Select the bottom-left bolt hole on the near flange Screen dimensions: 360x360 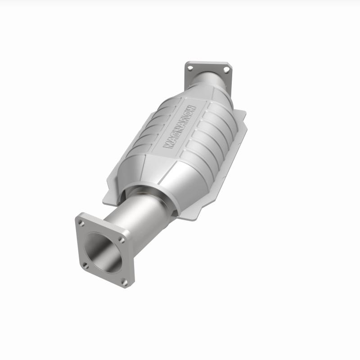pyautogui.click(x=86, y=265)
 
